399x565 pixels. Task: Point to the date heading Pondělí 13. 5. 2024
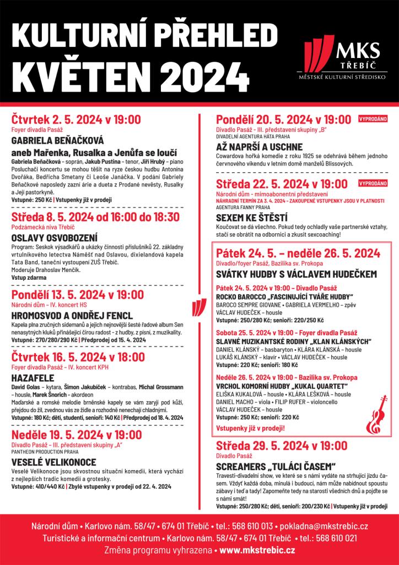click(78, 295)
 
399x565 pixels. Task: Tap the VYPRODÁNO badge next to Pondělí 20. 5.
click(373, 118)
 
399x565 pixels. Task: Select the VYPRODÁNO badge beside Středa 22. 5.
click(373, 182)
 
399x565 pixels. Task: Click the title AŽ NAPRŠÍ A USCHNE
click(259, 147)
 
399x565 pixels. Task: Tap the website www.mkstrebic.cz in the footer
click(257, 550)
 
